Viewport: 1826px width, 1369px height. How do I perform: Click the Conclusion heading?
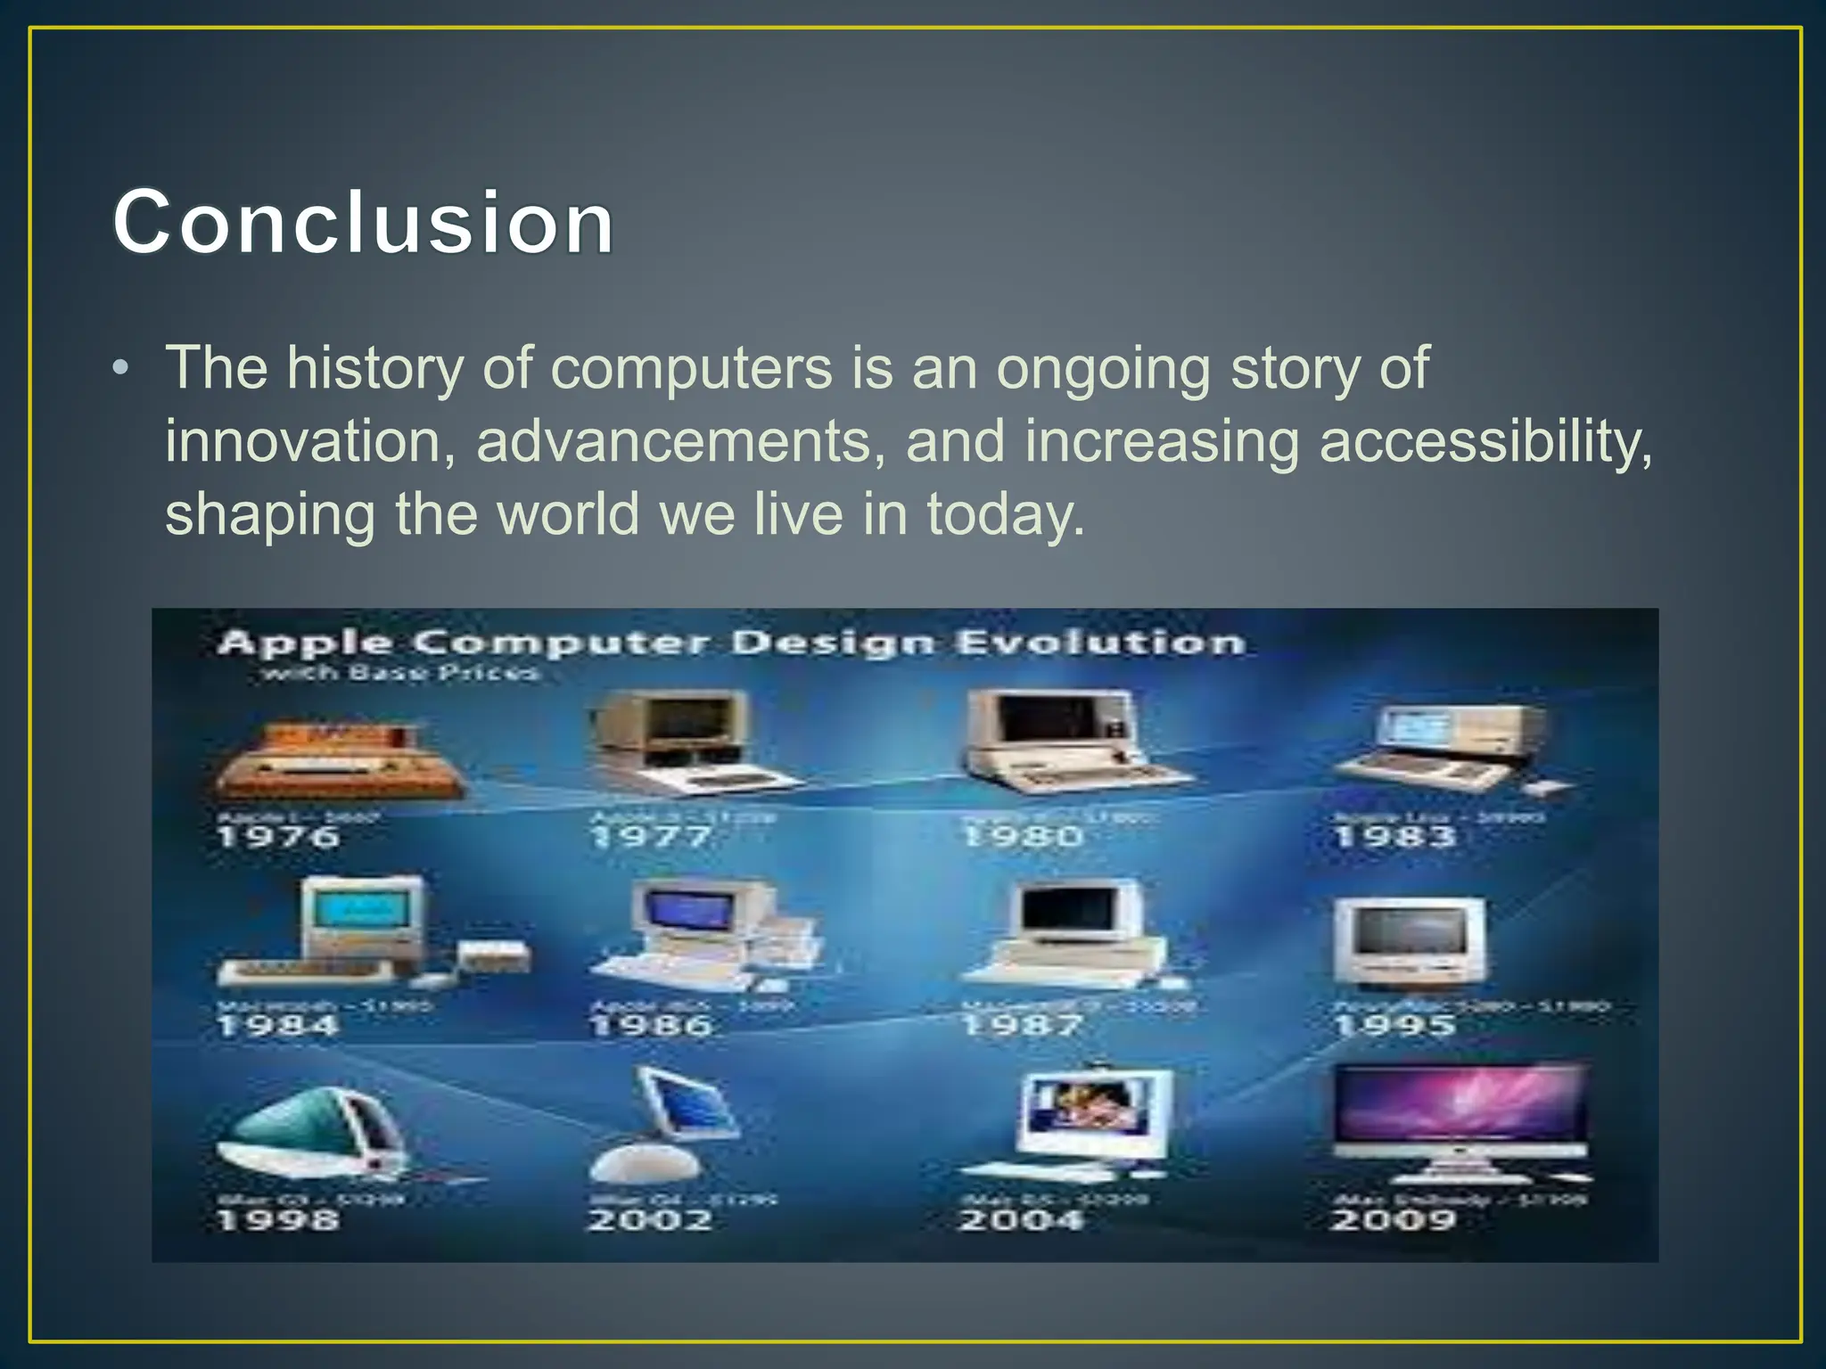click(363, 222)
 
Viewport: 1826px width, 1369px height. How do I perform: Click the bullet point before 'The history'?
click(121, 369)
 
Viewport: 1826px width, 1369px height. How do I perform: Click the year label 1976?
click(278, 837)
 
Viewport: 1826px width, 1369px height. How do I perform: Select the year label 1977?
click(651, 837)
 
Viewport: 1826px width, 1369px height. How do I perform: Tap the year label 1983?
click(1394, 837)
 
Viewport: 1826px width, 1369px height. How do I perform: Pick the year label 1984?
click(278, 1026)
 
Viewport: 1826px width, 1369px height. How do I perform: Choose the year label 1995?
click(1394, 1026)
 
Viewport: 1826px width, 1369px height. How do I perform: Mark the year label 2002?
click(651, 1219)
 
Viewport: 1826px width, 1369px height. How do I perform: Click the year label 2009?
click(1394, 1219)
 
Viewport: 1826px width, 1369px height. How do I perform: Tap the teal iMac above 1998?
click(312, 1132)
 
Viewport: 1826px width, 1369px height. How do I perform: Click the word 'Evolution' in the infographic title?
click(1100, 643)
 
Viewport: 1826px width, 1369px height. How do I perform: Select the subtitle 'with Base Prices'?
click(399, 673)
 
